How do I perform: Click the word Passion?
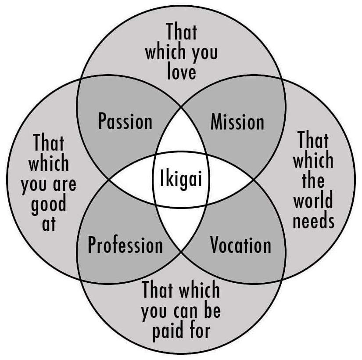point(125,122)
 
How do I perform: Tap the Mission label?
point(237,122)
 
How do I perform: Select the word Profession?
point(125,245)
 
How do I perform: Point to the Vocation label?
point(240,245)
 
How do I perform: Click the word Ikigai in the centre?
point(180,180)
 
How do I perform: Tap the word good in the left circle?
point(48,204)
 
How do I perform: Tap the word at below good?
point(49,224)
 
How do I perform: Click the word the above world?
point(313,181)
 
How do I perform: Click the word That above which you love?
point(181,32)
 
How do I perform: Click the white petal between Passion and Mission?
point(181,132)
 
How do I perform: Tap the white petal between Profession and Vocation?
point(181,228)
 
